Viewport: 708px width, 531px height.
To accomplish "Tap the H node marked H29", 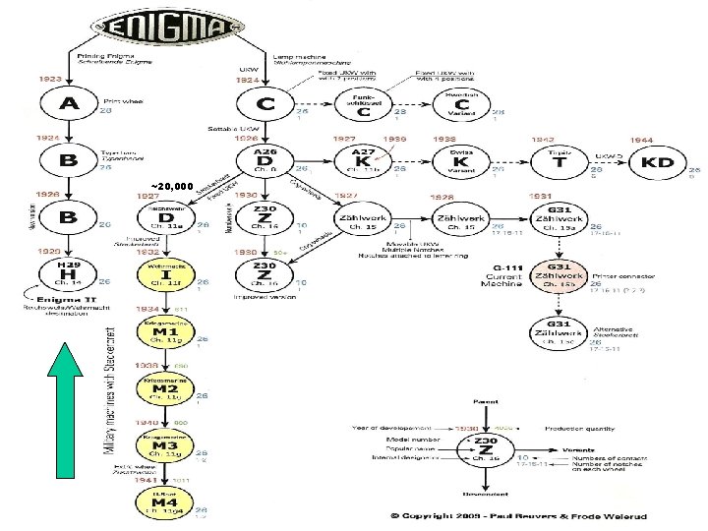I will point(67,271).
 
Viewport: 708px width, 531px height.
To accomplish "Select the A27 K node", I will point(364,161).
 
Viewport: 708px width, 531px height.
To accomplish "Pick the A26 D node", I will point(265,160).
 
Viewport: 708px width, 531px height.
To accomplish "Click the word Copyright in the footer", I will point(442,515).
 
